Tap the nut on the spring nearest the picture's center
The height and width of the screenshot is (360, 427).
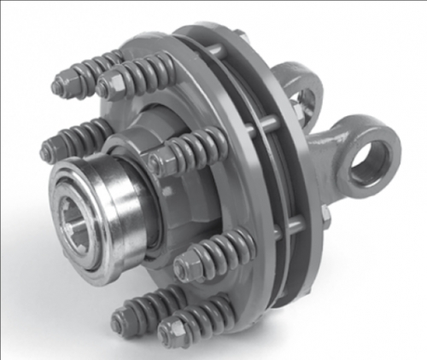click(x=155, y=161)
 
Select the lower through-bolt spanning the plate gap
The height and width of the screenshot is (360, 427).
click(x=290, y=226)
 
